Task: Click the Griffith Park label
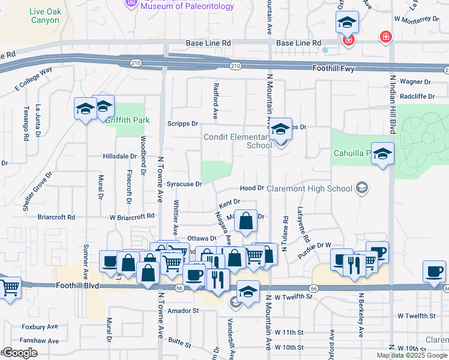127,120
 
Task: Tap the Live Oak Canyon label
44,16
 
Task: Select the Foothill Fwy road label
334,68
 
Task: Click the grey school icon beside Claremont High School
361,188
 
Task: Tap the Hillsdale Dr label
120,156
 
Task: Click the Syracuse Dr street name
184,184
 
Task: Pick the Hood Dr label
252,188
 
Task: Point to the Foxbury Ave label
40,327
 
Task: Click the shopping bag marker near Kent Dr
246,221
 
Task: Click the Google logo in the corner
19,353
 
